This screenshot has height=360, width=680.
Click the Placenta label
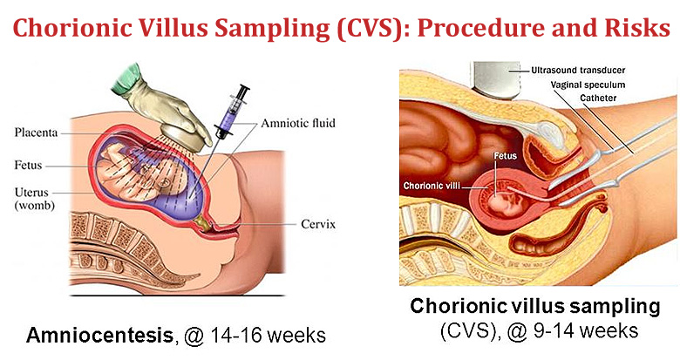pos(37,133)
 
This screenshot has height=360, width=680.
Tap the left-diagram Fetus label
pos(31,164)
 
